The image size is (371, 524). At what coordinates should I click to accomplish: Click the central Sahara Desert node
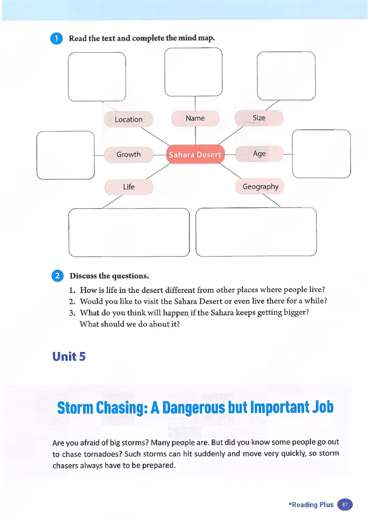(195, 154)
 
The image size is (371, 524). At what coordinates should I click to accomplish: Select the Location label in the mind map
(128, 119)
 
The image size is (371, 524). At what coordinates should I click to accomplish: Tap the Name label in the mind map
(195, 118)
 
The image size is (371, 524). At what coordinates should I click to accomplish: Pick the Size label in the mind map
(259, 118)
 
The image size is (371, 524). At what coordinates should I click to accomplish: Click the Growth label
(128, 154)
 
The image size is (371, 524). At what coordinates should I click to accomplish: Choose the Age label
(259, 153)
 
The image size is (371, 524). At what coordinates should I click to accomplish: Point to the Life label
(128, 187)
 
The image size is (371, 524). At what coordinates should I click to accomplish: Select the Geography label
(260, 186)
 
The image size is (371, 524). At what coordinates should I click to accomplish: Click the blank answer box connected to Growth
(65, 155)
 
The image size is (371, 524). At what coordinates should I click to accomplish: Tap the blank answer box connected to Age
(321, 153)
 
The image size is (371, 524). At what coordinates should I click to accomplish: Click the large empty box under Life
(129, 232)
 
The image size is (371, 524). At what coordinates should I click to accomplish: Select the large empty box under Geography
(256, 232)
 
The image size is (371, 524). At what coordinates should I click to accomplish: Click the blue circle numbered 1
(56, 38)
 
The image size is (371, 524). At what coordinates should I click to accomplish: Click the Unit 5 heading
(69, 356)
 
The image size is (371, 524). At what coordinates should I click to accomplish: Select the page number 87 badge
(345, 505)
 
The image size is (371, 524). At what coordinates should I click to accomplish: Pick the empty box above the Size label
(286, 76)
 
